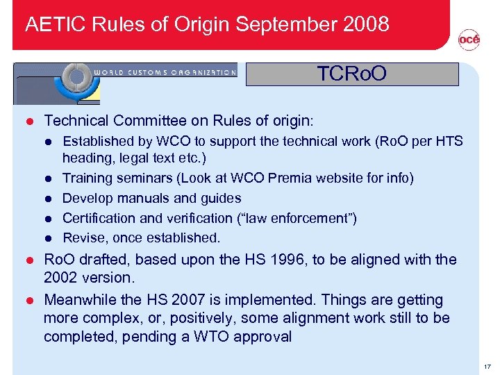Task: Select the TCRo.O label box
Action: (352, 74)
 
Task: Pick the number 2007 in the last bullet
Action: (190, 300)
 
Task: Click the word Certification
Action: (99, 219)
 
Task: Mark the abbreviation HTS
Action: (448, 141)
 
